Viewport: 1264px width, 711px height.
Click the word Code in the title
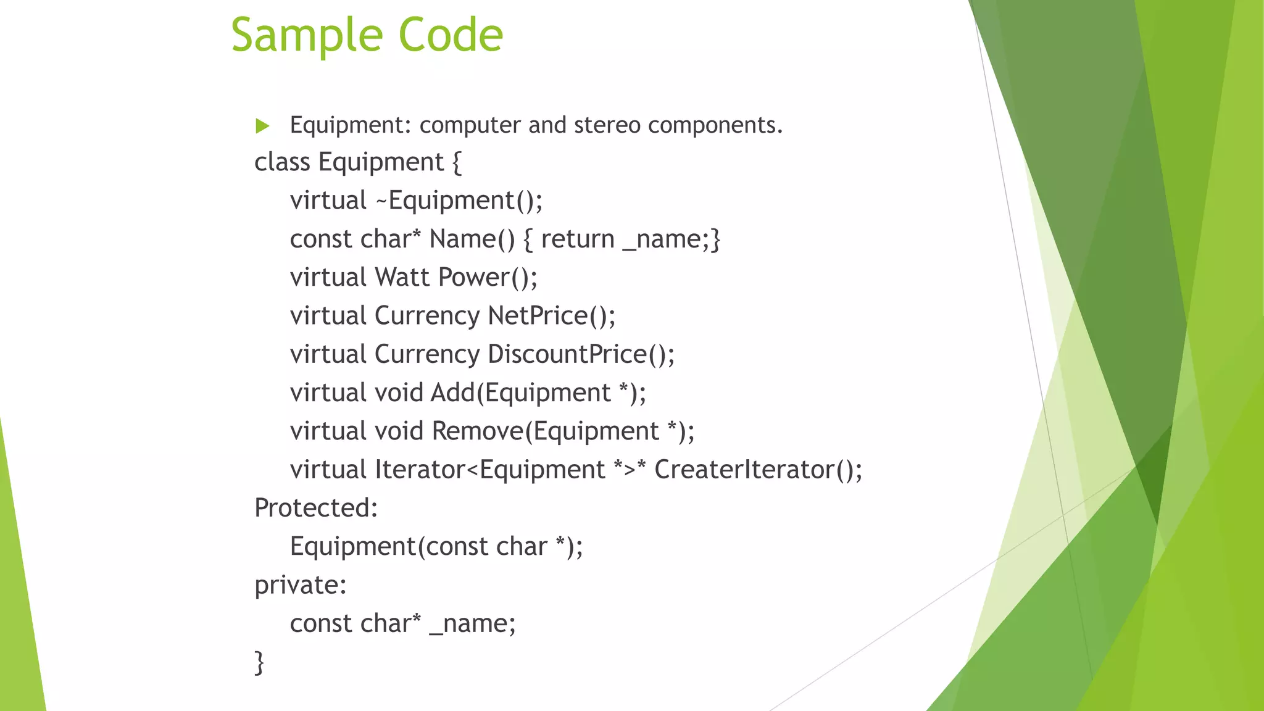point(451,35)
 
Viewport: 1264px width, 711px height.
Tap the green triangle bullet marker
point(263,126)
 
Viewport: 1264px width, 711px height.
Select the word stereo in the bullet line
point(607,125)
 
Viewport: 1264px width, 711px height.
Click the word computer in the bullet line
point(470,125)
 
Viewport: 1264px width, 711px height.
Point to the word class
point(282,162)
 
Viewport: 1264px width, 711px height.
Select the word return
point(578,239)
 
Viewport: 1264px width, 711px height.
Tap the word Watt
point(402,278)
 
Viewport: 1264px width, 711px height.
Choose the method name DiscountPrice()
point(581,354)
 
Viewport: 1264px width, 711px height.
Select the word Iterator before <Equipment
point(420,470)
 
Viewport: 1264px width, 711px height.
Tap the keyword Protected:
point(316,508)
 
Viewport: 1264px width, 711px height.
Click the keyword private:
point(301,585)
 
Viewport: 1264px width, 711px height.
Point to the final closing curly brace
point(260,663)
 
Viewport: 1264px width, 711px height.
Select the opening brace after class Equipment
point(457,163)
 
